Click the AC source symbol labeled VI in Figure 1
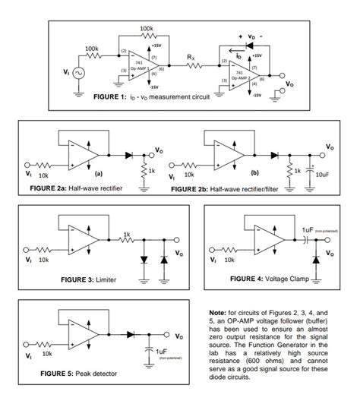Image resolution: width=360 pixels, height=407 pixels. [79, 73]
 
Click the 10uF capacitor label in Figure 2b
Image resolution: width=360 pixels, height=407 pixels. [321, 175]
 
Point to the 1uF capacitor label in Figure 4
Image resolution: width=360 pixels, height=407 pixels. [308, 229]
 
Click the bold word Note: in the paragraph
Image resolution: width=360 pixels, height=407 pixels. [216, 312]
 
